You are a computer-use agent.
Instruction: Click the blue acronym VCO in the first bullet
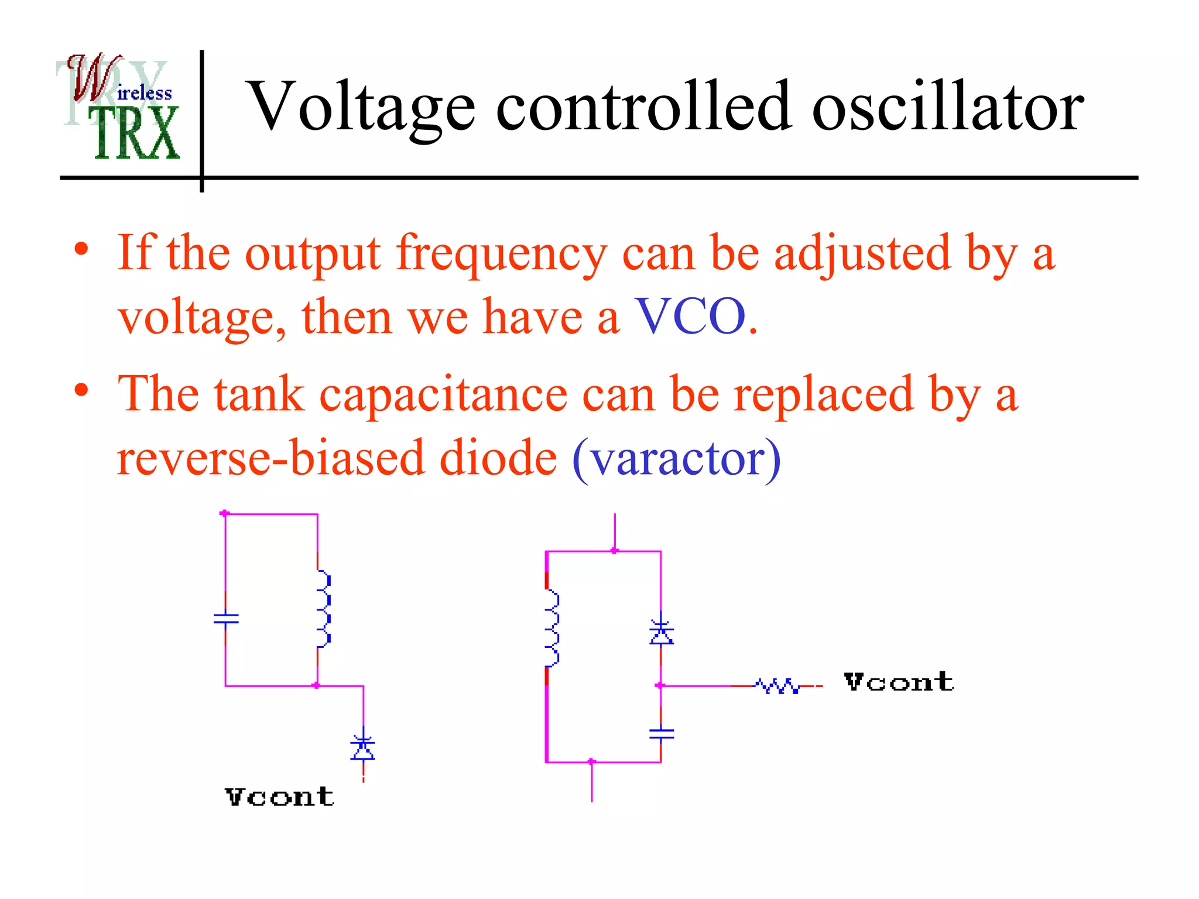pos(691,317)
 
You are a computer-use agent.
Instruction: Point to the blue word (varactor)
pos(676,458)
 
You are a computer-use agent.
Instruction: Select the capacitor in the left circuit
pos(226,618)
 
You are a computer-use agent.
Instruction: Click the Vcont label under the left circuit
pos(279,797)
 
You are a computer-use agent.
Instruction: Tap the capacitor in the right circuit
pos(661,733)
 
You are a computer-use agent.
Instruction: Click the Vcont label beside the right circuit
pos(899,682)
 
